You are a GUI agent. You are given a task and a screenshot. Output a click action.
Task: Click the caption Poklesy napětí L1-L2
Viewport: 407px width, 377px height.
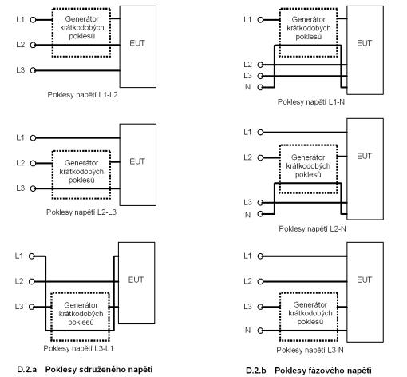(x=82, y=95)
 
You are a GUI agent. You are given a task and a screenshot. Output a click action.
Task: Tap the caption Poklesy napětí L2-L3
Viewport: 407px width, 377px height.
(x=81, y=212)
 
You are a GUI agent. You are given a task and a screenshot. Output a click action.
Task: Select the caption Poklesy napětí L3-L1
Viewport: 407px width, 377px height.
(x=78, y=348)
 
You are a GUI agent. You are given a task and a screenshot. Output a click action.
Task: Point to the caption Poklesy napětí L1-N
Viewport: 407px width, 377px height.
(x=311, y=102)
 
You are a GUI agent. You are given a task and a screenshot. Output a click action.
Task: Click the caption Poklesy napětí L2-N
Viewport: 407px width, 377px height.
(x=312, y=228)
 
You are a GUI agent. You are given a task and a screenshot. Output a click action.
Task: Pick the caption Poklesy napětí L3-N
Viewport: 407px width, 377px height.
(x=310, y=350)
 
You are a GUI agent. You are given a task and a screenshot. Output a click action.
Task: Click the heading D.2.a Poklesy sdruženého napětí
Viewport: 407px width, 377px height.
(x=85, y=370)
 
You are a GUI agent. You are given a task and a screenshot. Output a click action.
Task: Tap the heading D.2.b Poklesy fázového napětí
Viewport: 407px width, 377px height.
(x=309, y=371)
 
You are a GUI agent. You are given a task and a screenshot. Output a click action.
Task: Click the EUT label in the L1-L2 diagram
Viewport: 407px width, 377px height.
(x=137, y=43)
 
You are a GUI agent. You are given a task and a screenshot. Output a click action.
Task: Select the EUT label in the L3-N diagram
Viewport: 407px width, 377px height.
(x=365, y=280)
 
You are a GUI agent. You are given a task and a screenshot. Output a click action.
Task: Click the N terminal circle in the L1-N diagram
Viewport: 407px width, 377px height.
(x=260, y=87)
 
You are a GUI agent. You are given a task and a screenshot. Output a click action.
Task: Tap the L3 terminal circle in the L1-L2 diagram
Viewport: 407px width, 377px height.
(x=33, y=70)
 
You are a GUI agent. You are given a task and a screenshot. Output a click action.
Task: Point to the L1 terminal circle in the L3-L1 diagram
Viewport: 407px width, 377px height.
(x=32, y=256)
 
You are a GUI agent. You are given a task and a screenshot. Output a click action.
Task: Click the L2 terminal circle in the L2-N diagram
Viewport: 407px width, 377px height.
(x=260, y=158)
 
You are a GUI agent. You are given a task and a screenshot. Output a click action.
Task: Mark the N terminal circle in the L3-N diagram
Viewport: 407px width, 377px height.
(x=260, y=331)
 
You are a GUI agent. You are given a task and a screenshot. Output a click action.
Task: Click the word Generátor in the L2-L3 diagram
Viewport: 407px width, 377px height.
(x=81, y=163)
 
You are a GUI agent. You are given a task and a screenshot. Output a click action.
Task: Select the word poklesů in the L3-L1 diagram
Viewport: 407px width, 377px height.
(x=81, y=323)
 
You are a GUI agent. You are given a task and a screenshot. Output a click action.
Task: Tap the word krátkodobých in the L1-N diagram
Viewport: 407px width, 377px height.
(x=309, y=28)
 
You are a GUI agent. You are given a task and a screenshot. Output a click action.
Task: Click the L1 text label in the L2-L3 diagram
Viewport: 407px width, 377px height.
(x=20, y=137)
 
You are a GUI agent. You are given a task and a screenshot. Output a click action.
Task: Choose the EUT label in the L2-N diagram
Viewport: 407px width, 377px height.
(x=365, y=156)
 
